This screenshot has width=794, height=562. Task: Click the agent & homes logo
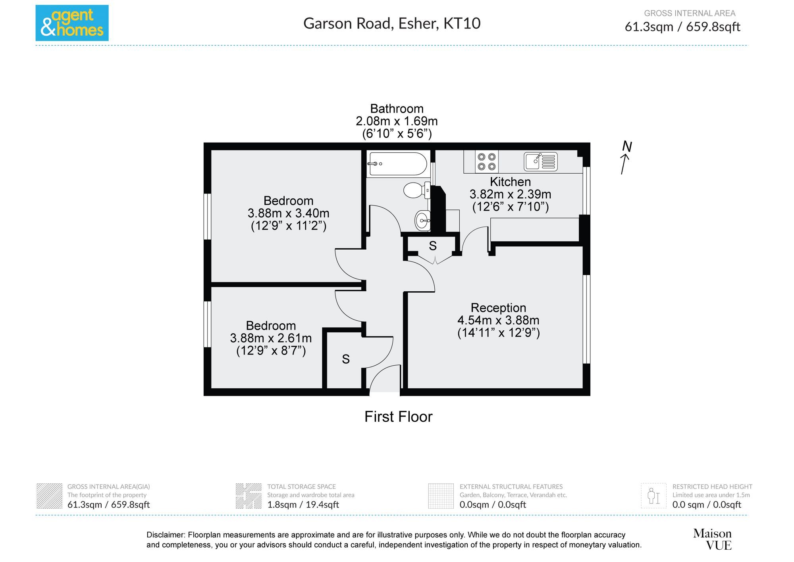[72, 23]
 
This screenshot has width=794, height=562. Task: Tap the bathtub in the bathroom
[397, 164]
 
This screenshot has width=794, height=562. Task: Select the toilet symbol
[415, 190]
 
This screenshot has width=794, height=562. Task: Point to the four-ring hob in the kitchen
[487, 162]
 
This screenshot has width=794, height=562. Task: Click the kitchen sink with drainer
[540, 161]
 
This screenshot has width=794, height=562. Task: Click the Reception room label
[498, 308]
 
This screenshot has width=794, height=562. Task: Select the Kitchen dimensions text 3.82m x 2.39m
[510, 194]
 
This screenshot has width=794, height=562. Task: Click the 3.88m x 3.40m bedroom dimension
[288, 213]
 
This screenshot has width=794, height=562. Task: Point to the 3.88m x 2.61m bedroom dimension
[271, 338]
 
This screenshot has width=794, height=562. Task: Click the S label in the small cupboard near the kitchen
[433, 246]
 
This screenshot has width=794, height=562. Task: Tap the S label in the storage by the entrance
[346, 359]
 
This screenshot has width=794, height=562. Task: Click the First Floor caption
[398, 417]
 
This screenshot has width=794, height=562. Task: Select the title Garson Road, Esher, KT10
[392, 23]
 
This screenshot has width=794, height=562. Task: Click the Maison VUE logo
[712, 539]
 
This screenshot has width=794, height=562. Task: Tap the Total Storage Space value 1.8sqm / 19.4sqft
[303, 505]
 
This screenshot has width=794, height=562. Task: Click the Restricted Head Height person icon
[653, 496]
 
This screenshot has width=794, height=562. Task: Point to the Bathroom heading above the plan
[397, 109]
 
